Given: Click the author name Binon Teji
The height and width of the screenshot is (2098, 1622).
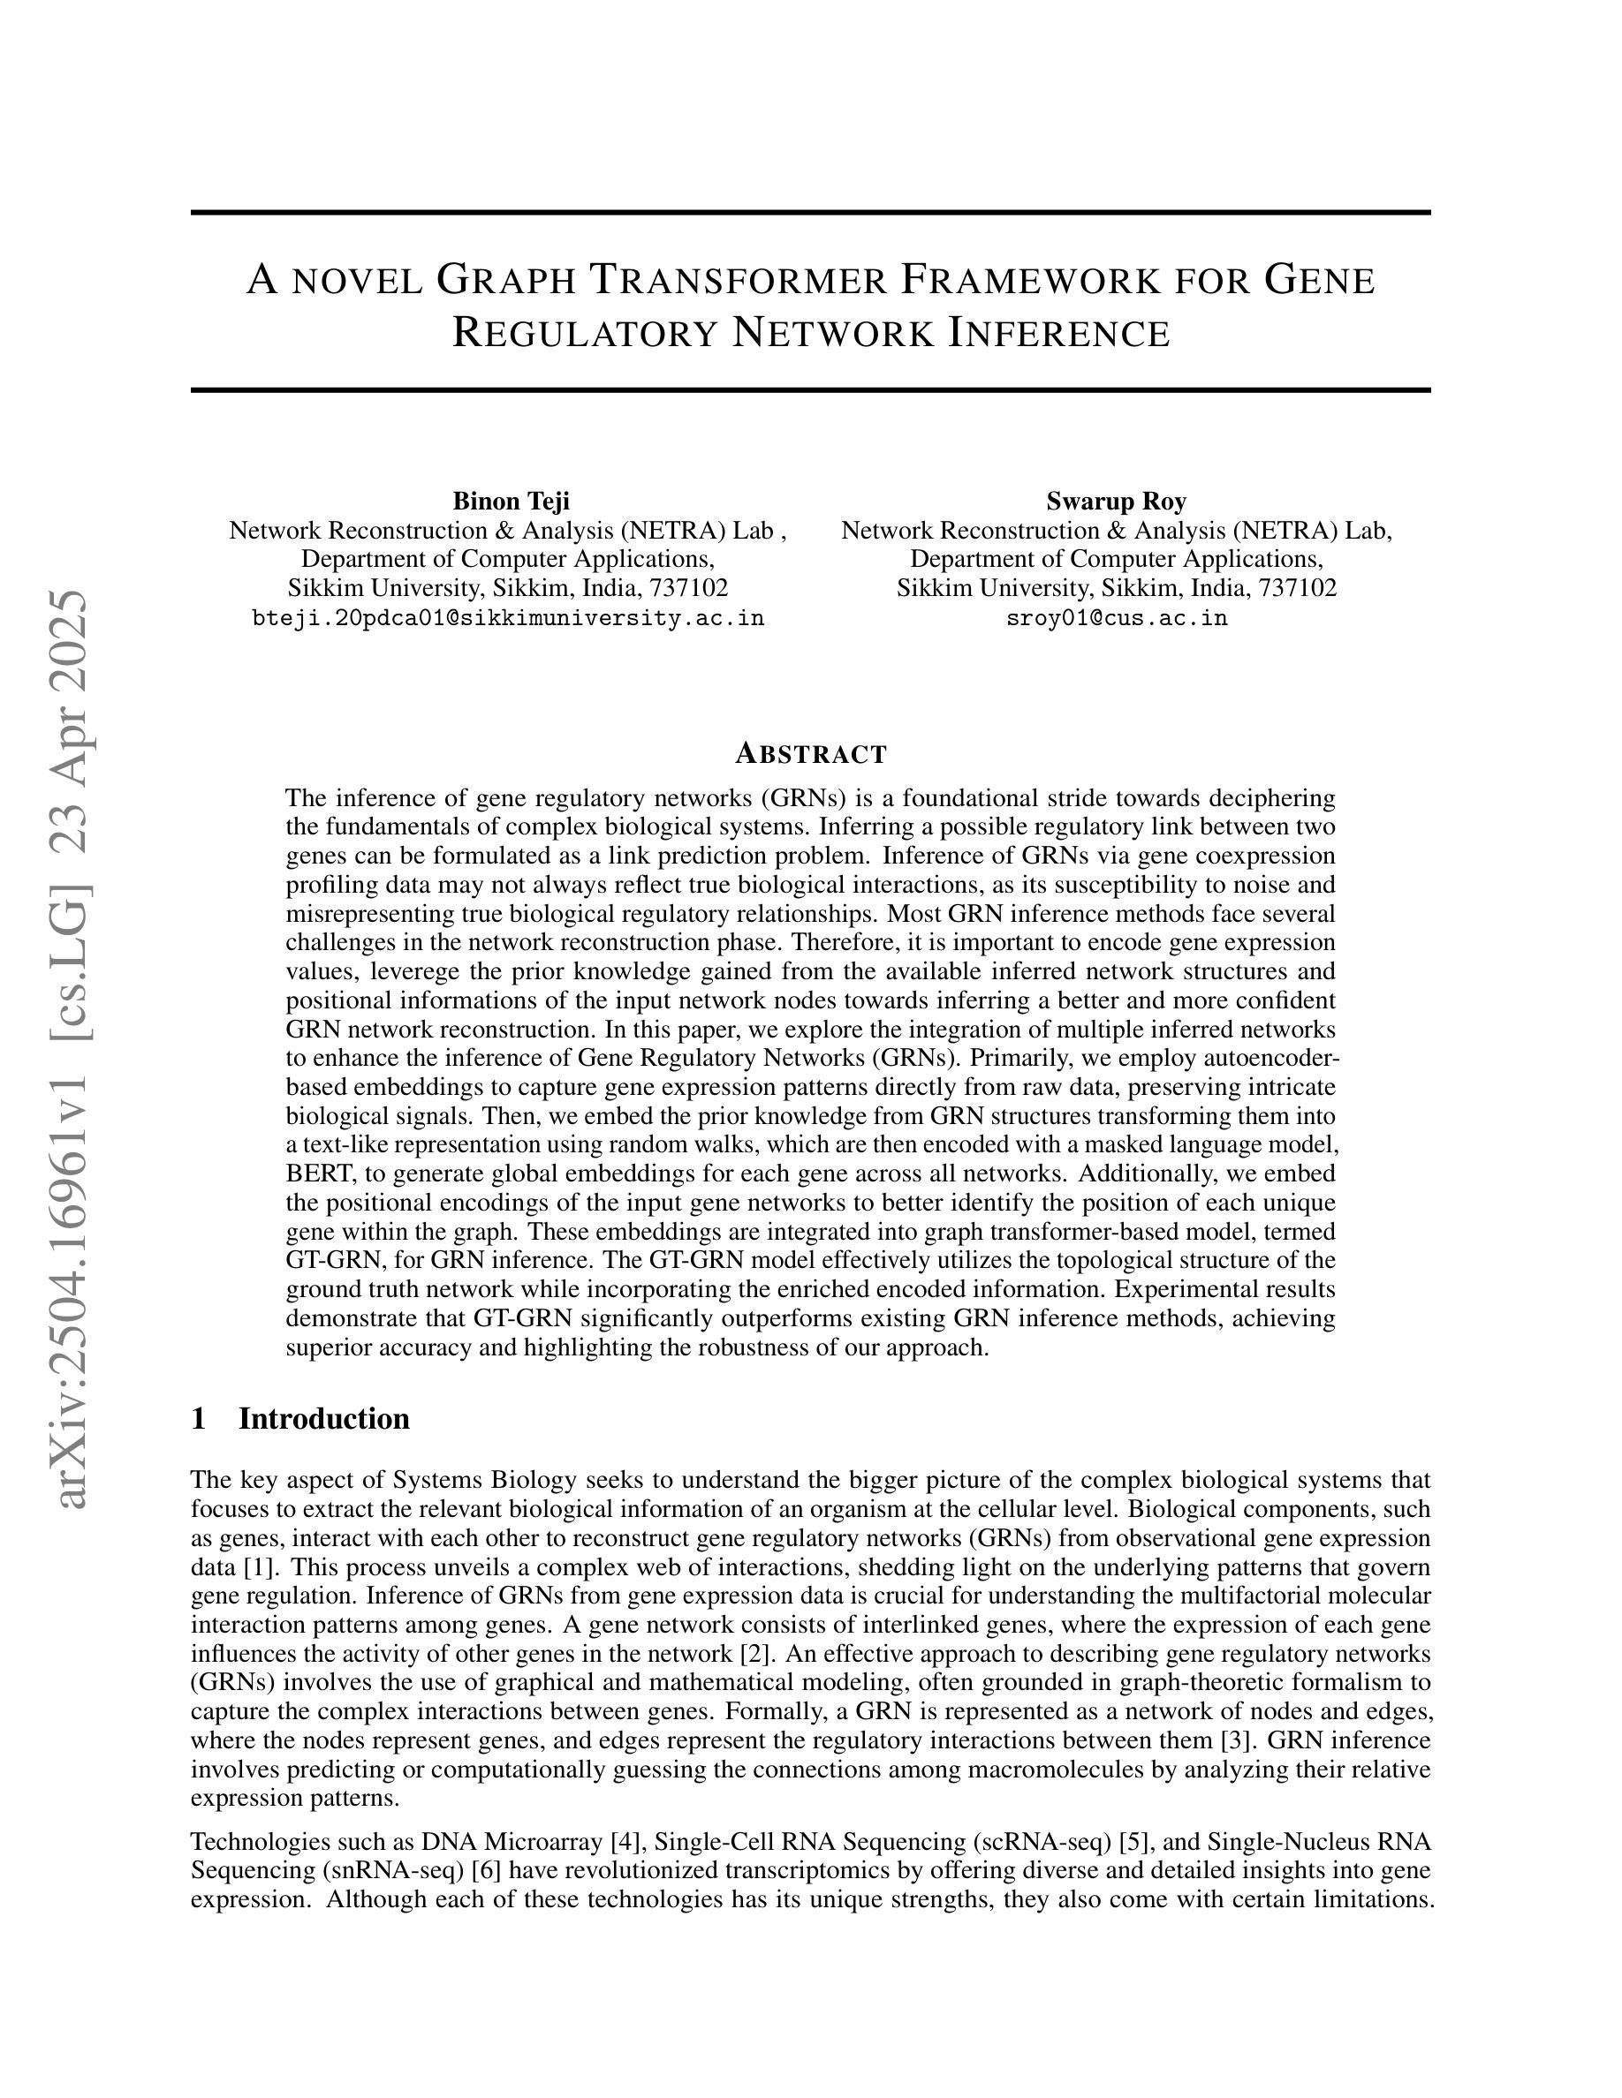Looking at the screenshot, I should (511, 501).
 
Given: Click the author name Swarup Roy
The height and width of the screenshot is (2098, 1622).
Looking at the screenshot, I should (1116, 501).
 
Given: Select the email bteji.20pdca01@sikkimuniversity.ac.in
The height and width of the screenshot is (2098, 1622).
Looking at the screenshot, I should (507, 618).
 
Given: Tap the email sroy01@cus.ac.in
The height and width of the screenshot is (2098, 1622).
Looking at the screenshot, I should (1117, 618).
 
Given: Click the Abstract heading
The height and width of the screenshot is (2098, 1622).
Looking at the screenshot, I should (810, 754).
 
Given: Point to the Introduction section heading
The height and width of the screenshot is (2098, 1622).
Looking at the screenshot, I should (324, 1418).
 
